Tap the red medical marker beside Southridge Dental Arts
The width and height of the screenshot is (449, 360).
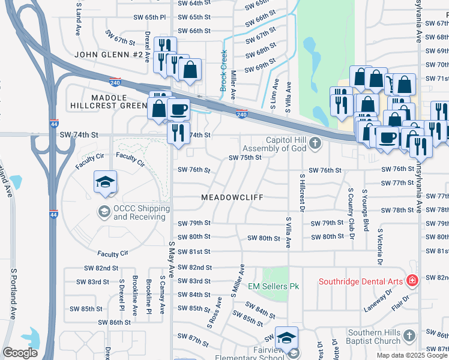[x=412, y=281]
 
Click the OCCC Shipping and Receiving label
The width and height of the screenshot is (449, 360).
[x=142, y=212]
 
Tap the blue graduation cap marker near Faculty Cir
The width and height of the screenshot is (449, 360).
[x=105, y=182]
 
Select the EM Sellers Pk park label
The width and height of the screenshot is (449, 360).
[x=273, y=286]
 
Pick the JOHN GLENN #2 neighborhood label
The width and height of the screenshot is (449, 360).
[x=109, y=55]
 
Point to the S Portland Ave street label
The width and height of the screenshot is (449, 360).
[x=13, y=293]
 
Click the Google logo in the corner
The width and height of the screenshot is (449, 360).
[x=20, y=353]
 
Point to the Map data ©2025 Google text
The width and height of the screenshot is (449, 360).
[x=412, y=355]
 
